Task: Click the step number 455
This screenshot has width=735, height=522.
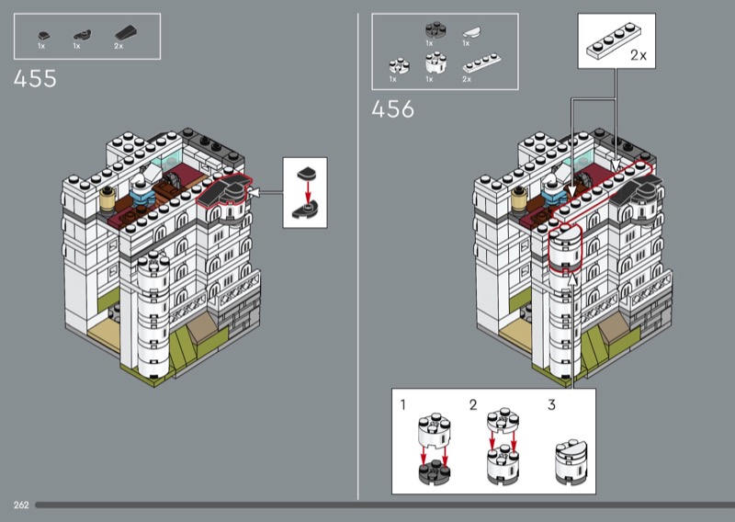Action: pos(35,79)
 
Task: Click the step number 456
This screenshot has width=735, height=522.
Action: pos(393,109)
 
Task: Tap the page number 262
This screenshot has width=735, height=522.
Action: pos(21,505)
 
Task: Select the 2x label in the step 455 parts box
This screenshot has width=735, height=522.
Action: pos(119,46)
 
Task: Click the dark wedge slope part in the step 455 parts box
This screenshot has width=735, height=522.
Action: pos(127,34)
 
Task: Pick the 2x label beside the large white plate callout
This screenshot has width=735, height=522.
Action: pos(638,55)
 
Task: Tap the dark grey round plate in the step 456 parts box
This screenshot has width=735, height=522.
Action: pos(435,30)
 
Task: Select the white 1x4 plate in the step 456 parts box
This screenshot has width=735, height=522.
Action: pos(481,63)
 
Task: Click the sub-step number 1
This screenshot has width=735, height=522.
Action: pos(402,403)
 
